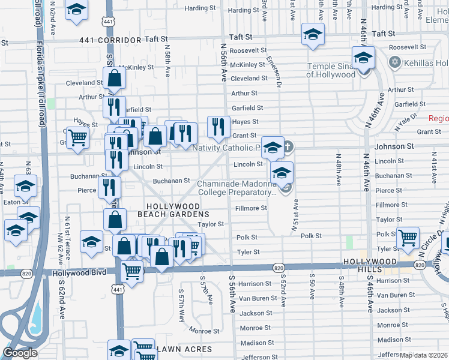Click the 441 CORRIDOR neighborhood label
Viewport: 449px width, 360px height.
click(110, 40)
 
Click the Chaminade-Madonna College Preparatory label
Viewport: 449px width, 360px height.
click(235, 187)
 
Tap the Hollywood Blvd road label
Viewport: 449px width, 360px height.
click(80, 272)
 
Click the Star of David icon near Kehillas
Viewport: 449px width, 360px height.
click(395, 62)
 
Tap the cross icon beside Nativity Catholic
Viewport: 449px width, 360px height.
click(288, 146)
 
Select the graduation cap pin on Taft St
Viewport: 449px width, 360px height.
click(313, 35)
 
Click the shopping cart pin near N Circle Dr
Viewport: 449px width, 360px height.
click(408, 238)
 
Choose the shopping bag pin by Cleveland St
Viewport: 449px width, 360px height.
click(114, 78)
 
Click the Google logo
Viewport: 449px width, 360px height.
click(20, 353)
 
